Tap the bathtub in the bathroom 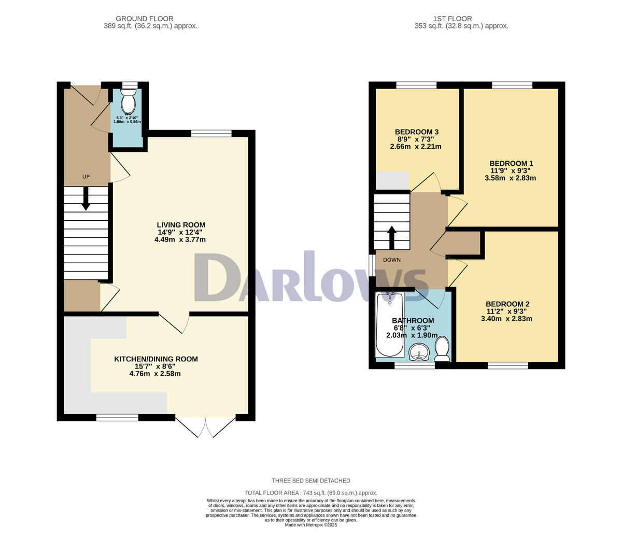click(389, 324)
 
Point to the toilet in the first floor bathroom click(442, 349)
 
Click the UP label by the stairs click(86, 177)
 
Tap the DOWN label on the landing click(391, 260)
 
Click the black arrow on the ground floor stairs click(86, 199)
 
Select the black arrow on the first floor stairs click(392, 236)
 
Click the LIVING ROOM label click(181, 225)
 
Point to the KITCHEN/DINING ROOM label click(156, 359)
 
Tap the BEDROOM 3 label click(417, 132)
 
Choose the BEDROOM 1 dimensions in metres click(510, 178)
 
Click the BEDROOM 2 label click(507, 304)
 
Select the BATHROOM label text click(413, 320)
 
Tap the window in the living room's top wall click(211, 134)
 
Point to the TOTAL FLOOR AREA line click(311, 493)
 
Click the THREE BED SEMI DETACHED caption click(311, 480)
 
